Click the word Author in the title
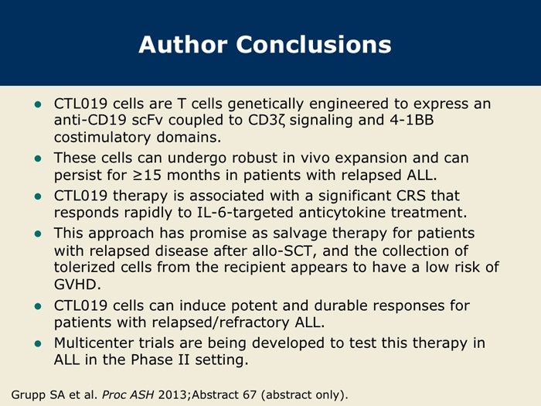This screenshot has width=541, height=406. tap(183, 45)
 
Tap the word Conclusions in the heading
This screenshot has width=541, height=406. tap(314, 45)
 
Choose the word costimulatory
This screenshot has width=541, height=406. tap(103, 138)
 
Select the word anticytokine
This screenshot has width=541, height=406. tap(342, 213)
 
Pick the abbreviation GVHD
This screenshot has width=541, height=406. tap(77, 285)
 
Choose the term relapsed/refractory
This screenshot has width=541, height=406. tap(220, 322)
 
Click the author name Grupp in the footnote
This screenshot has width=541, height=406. tap(29, 395)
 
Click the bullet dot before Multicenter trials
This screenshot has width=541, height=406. tap(38, 344)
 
